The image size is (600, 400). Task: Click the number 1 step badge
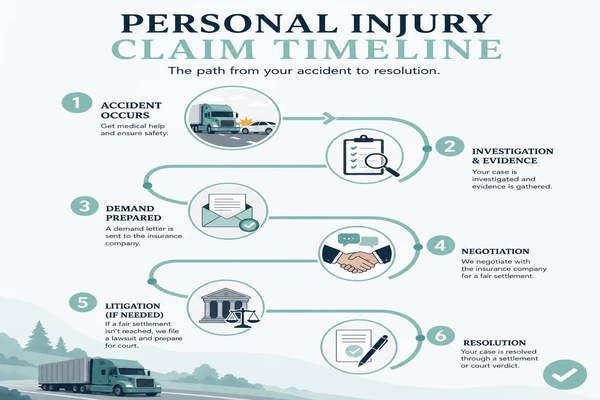click(77, 103)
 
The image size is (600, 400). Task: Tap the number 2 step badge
click(450, 146)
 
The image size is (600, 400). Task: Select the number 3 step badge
click(85, 206)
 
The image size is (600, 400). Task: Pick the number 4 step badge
click(441, 245)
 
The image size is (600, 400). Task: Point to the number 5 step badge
click(83, 302)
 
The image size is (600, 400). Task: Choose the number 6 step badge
click(440, 336)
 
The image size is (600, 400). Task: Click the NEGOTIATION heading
click(495, 251)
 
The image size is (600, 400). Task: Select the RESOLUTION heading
click(494, 343)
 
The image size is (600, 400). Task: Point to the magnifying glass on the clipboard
click(380, 164)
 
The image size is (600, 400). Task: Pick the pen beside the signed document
click(373, 350)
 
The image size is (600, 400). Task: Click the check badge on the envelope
click(249, 225)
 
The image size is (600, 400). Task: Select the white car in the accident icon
click(258, 127)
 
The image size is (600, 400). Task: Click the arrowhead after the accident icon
click(329, 118)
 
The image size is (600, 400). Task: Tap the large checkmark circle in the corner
click(564, 374)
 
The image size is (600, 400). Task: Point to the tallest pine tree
click(38, 336)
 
